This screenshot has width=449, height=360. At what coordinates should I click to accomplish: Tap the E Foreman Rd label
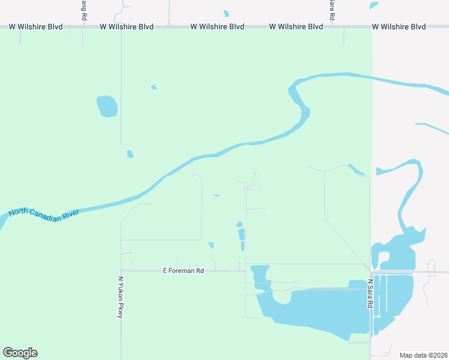pos(184,271)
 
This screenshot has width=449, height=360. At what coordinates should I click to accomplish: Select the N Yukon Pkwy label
pos(121,297)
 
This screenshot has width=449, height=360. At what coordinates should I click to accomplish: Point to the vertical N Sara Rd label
pos(370,293)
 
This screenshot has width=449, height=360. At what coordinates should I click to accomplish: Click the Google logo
pos(20,353)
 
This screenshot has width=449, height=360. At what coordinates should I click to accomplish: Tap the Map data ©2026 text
pos(423,355)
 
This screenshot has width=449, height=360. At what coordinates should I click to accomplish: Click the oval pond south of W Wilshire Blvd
pos(107,106)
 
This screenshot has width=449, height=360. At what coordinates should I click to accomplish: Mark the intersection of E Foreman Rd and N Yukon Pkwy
pos(121,271)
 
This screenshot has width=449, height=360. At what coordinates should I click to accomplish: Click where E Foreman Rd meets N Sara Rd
pos(370,271)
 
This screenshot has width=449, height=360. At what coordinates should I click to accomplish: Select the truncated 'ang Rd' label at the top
pos(83,9)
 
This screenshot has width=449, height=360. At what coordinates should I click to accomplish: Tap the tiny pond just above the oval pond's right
pos(154,88)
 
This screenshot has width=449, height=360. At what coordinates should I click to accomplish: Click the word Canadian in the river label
pos(46,215)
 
